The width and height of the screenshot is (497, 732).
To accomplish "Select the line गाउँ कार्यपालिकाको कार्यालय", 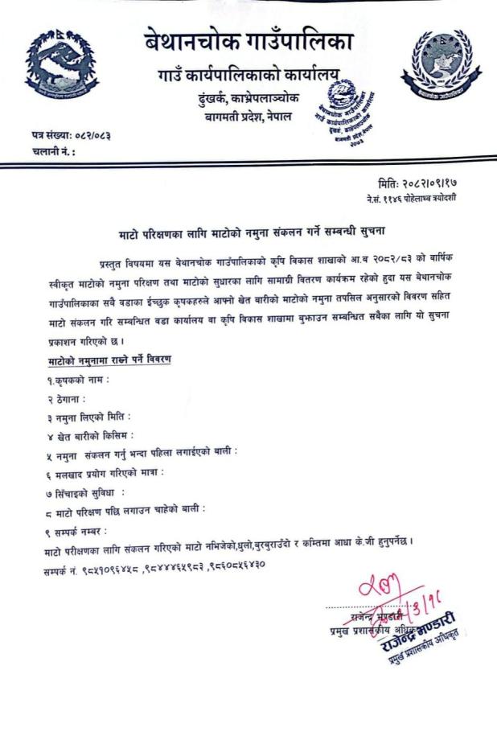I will tap(249, 79).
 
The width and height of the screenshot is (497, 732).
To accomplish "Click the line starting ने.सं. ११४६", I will tap(410, 198).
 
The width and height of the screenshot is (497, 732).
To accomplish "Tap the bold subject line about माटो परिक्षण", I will tap(249, 231).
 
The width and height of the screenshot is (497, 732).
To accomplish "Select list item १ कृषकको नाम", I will tap(78, 378).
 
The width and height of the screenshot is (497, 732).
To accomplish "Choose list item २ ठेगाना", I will tap(65, 397).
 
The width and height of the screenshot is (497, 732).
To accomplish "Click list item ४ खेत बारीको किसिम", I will tap(90, 436).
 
